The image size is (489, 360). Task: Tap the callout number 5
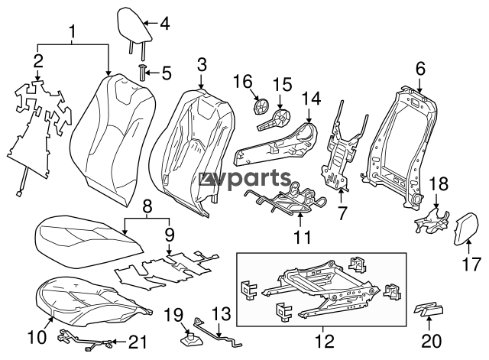[165, 74]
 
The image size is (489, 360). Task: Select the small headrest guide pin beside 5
[142, 73]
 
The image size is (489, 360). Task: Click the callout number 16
[241, 80]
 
